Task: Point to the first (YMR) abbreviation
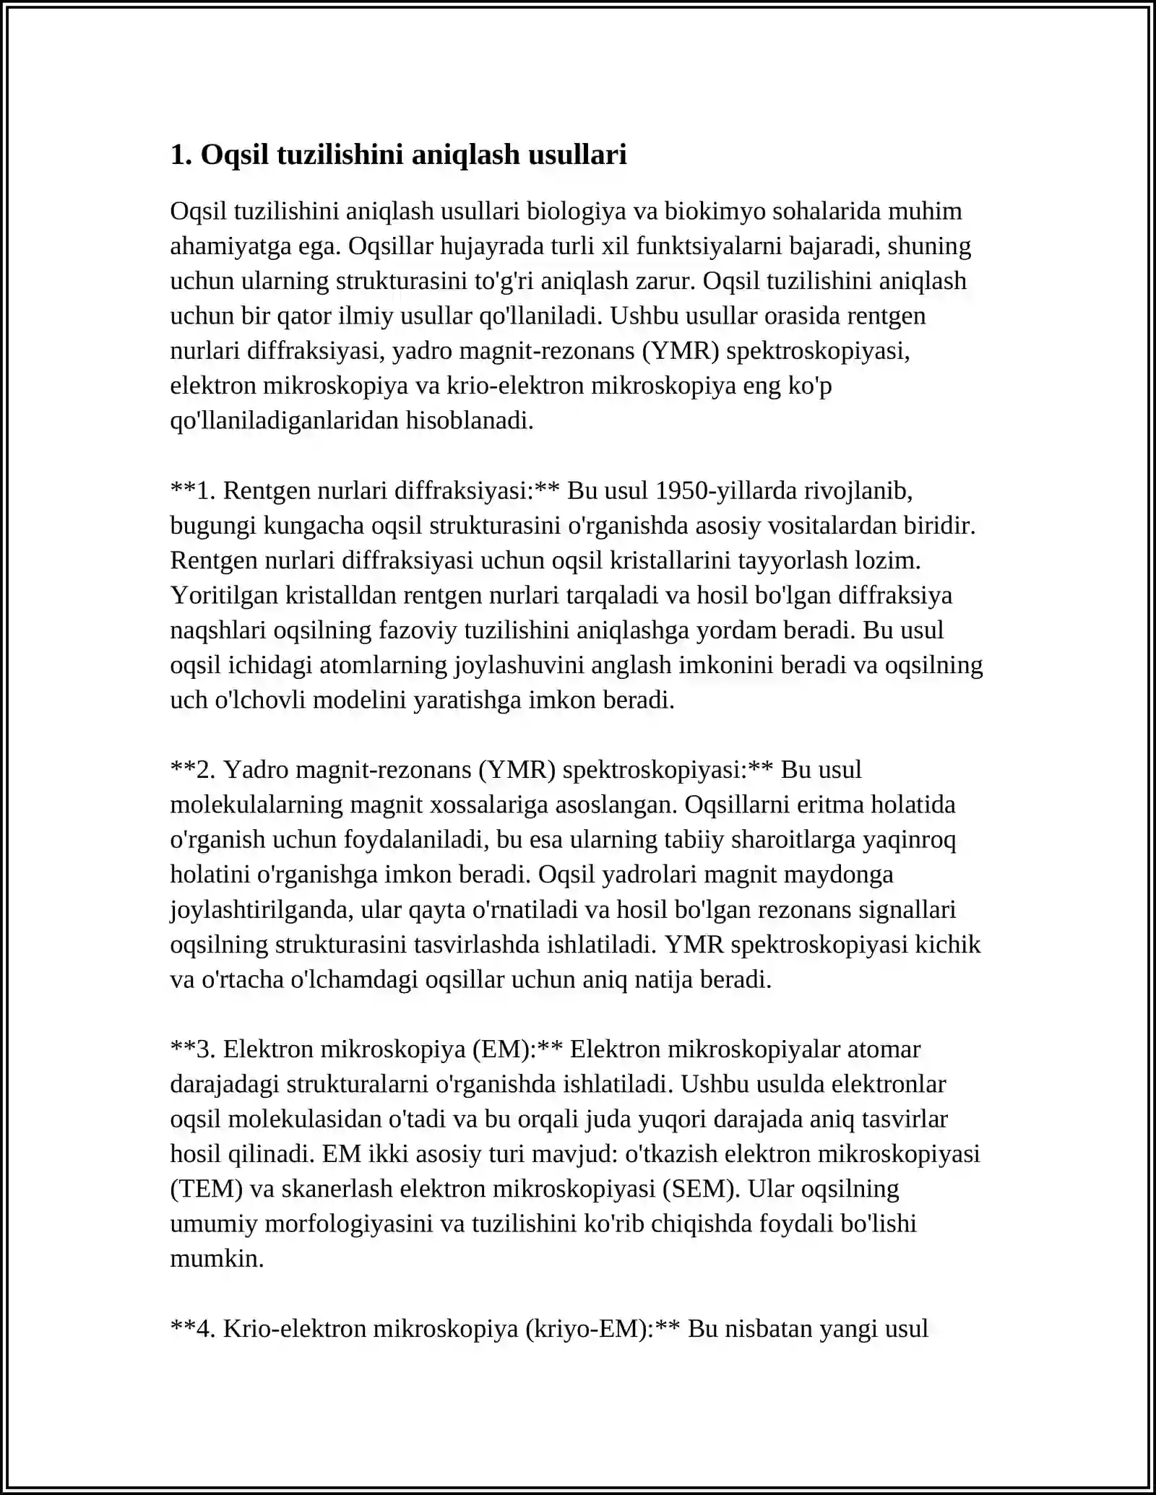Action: [680, 350]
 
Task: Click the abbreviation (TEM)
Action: [207, 1189]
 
